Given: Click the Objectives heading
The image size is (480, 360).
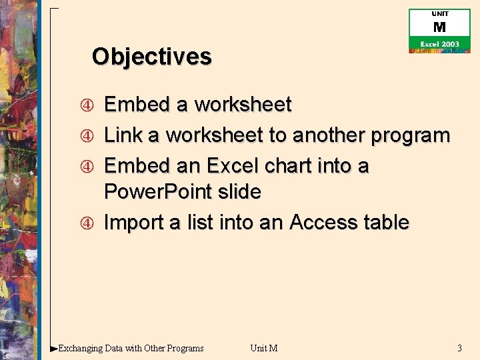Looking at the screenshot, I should pyautogui.click(x=151, y=57).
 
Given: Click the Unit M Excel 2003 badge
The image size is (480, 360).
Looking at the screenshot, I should pyautogui.click(x=439, y=31).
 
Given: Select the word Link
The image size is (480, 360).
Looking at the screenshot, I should pyautogui.click(x=124, y=135).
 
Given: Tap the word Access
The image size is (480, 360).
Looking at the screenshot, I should pyautogui.click(x=323, y=223).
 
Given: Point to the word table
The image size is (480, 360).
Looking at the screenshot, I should pyautogui.click(x=386, y=223).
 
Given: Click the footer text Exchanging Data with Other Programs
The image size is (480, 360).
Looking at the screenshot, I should pyautogui.click(x=131, y=348).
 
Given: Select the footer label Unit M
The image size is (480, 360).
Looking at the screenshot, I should pyautogui.click(x=263, y=348).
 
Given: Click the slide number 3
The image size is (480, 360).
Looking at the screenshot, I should pyautogui.click(x=459, y=348).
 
